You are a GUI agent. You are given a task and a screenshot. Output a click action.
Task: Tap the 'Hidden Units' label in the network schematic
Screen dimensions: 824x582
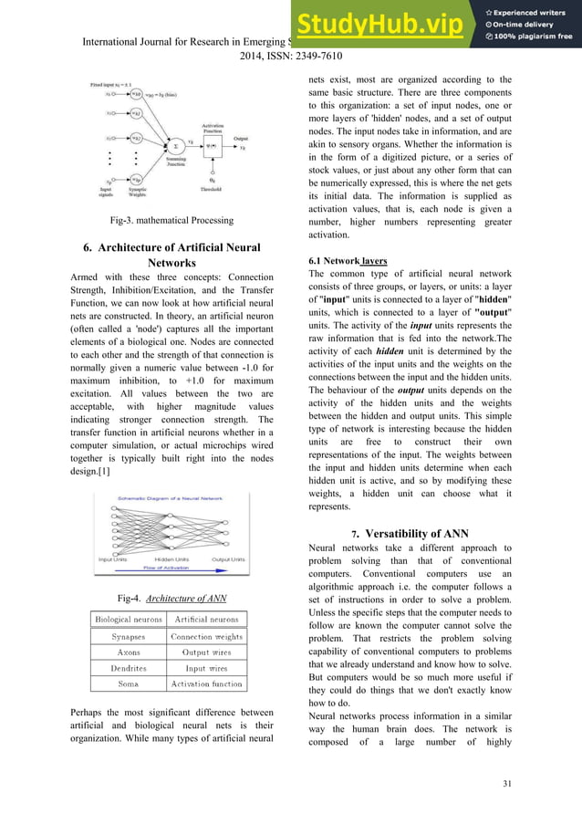point(171,558)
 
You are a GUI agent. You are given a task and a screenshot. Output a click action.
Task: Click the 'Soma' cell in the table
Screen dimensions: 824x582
point(129,683)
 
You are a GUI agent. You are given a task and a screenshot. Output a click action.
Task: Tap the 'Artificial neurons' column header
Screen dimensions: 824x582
point(206,620)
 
